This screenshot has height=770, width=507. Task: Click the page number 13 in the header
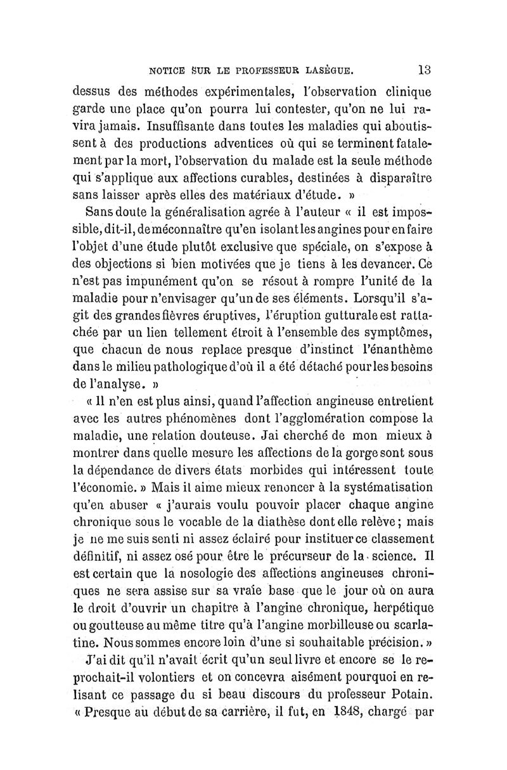point(425,68)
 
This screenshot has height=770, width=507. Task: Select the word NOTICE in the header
point(167,68)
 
